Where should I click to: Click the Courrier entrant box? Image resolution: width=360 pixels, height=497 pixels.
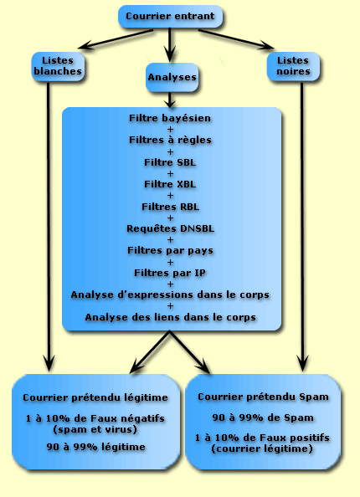170,16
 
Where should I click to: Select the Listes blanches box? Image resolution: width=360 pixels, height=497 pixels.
58,66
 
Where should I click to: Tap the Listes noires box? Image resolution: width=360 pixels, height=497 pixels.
293,66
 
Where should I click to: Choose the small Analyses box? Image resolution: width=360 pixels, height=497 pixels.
172,77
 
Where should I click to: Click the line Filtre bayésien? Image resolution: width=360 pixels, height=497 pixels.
170,118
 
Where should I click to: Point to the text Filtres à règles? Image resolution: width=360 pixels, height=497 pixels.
170,140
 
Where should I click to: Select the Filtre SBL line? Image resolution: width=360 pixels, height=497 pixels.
170,162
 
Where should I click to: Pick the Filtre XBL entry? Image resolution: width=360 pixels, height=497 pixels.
170,184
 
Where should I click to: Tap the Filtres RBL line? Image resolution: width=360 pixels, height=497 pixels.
170,207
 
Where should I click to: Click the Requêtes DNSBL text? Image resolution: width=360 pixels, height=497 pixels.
170,228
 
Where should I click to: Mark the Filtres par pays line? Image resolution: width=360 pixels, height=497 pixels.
170,250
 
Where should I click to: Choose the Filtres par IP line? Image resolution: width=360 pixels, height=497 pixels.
170,273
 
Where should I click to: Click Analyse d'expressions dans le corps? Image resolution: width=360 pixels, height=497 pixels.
170,295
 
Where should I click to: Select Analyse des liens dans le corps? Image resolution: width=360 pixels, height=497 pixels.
170,317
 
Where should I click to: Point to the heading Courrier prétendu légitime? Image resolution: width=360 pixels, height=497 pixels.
95,397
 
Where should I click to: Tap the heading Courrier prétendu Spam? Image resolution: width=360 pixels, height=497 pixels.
263,397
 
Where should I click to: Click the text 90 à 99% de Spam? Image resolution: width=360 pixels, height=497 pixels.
263,418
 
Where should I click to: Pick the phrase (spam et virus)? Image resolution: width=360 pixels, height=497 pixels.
95,429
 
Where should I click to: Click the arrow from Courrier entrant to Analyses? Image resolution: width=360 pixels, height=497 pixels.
170,44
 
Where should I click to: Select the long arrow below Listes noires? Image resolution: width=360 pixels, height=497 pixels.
302,227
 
